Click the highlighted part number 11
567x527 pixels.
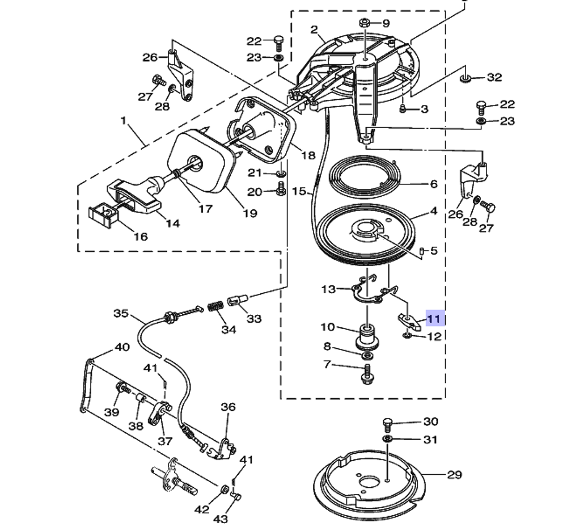[x=434, y=319]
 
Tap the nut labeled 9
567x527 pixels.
[x=365, y=23]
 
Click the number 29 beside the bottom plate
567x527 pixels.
[x=454, y=475]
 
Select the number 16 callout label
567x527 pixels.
[x=140, y=237]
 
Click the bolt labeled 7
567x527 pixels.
[x=367, y=373]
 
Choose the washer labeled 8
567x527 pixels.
[x=367, y=355]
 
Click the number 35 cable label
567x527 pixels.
[x=121, y=313]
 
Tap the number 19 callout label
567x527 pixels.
[x=249, y=213]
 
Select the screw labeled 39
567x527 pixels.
[x=122, y=389]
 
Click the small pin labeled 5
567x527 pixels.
[x=422, y=250]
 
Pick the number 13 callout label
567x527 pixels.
[x=328, y=289]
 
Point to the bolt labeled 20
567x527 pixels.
[x=280, y=191]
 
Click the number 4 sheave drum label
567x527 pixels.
[x=434, y=212]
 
